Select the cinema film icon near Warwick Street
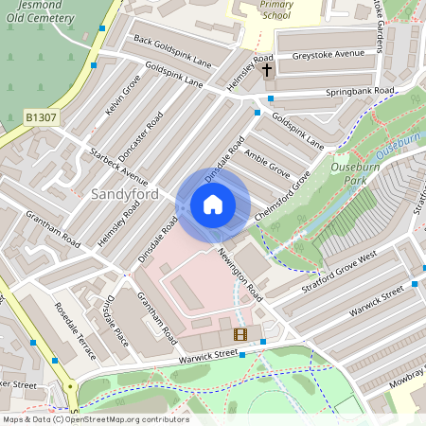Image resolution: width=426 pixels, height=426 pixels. click(x=240, y=334)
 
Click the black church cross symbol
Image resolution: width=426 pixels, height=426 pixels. click(x=267, y=70)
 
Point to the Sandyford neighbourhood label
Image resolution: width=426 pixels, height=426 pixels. click(x=124, y=194)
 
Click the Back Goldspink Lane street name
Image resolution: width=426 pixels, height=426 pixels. click(x=171, y=51)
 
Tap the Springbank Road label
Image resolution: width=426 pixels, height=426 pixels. click(x=359, y=91)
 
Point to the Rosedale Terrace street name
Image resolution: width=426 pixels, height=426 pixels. click(x=75, y=330)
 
